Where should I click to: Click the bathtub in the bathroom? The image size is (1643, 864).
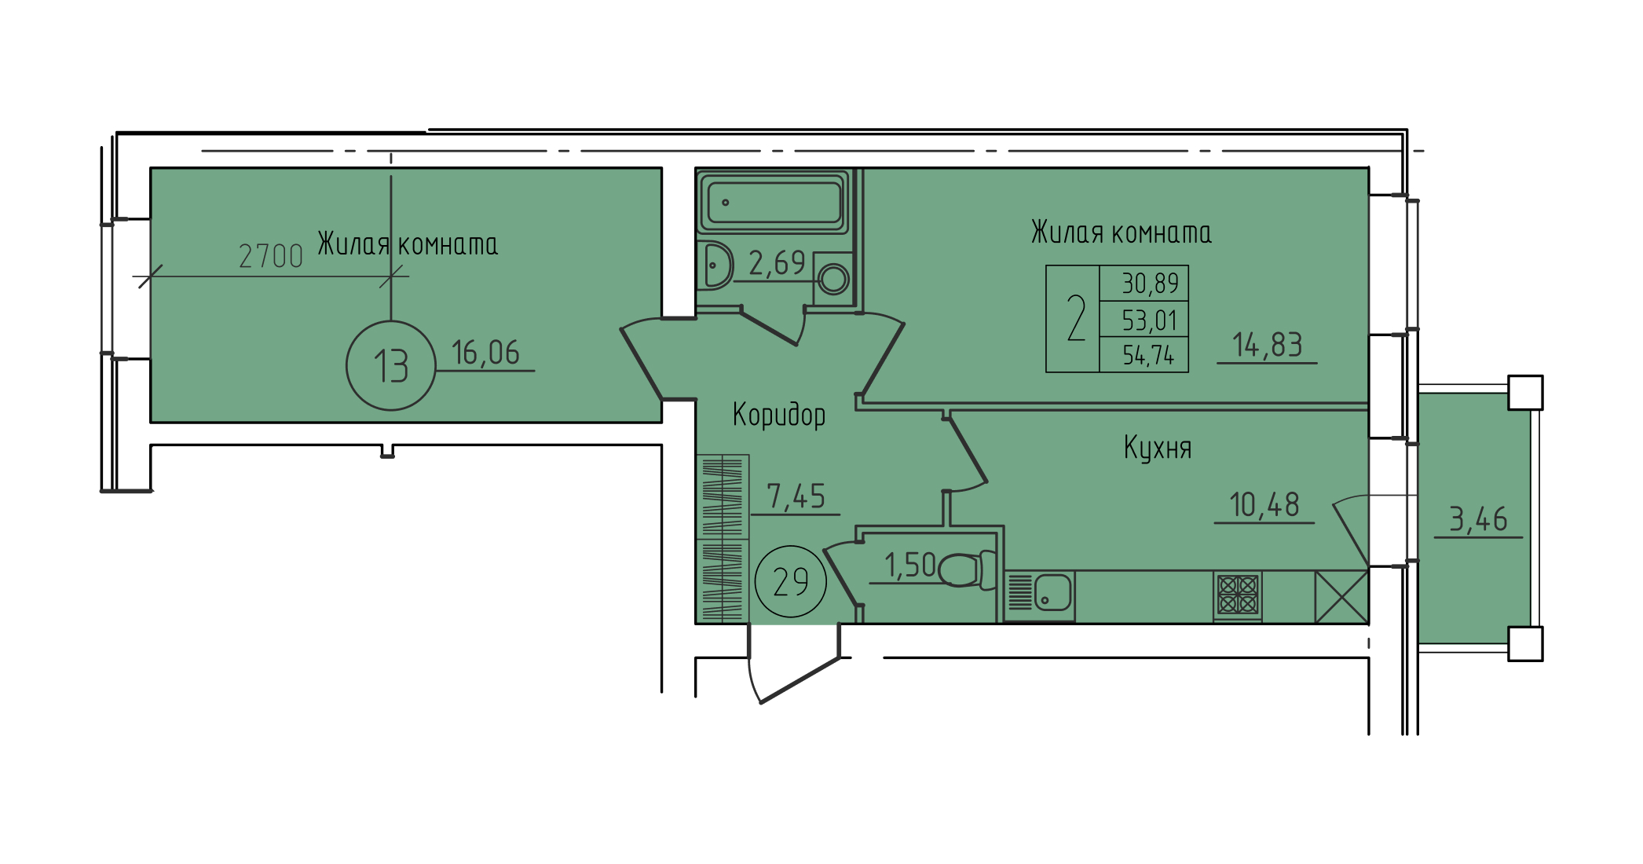tap(774, 202)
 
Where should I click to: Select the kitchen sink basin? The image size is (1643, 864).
tap(1052, 592)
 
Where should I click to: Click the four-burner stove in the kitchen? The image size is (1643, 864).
tap(1238, 595)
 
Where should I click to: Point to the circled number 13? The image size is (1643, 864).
tap(390, 365)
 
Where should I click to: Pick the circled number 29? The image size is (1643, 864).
tap(790, 581)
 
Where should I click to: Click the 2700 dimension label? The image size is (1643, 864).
tap(270, 256)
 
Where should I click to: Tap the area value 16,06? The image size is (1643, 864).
tap(485, 353)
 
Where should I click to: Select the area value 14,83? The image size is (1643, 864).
tap(1267, 344)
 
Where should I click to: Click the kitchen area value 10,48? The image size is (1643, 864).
tap(1264, 504)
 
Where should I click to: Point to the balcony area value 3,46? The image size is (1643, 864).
tap(1478, 519)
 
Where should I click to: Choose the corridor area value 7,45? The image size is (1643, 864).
tap(796, 496)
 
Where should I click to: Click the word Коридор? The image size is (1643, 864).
tap(779, 414)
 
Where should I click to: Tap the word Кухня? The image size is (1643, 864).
tap(1158, 447)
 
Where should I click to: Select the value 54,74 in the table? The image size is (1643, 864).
tap(1148, 355)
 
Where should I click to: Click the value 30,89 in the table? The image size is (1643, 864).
tap(1150, 283)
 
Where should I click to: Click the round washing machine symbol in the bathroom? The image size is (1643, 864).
tap(833, 279)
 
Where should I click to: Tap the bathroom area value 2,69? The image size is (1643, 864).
tap(777, 263)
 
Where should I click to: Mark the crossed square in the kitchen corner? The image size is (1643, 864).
tap(1342, 597)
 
